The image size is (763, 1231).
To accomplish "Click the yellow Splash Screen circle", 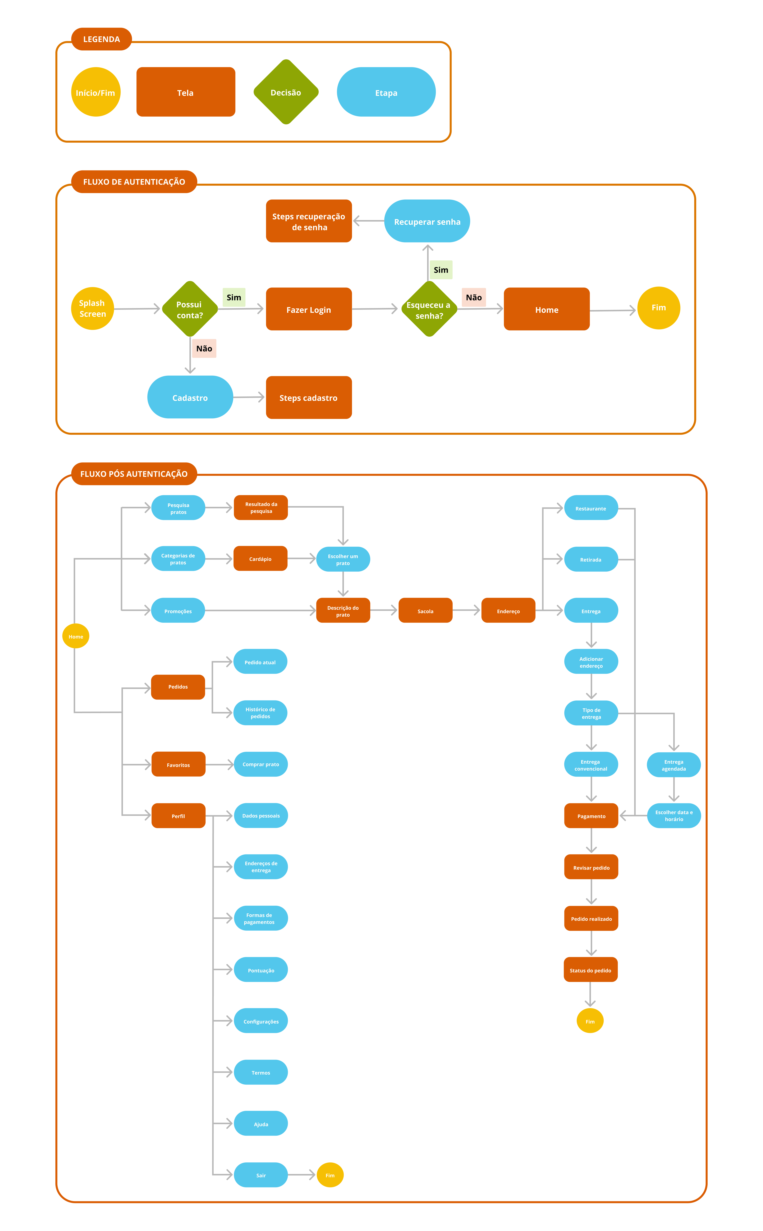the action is point(92,308).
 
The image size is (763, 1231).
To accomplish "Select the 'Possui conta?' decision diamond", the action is point(190,309).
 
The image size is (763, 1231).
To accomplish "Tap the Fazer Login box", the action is point(309,309).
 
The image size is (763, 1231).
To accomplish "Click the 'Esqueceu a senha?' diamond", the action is point(429,309).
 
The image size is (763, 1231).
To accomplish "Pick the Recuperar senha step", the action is point(427,221).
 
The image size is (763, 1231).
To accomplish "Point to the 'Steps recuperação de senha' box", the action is point(309,221).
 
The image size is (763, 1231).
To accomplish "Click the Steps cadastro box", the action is point(309,397).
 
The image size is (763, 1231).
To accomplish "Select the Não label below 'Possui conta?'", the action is point(204,348).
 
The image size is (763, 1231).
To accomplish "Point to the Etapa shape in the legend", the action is point(386,92).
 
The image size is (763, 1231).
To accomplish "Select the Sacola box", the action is point(425,611).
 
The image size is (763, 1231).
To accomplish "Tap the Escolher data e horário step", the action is point(674,816).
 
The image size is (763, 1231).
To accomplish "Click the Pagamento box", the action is point(591,816).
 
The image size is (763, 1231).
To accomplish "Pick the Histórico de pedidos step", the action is point(260,713).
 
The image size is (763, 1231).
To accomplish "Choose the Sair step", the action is point(261,1175).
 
